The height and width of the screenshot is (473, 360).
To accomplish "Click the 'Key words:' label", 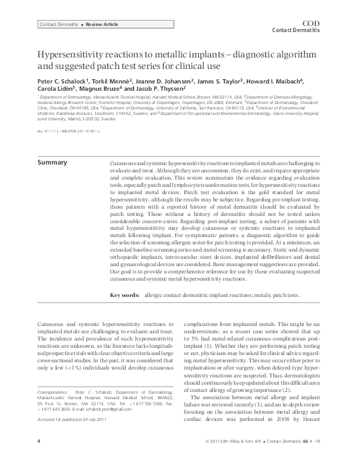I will coord(125,295).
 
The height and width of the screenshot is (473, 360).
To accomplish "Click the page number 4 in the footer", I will coord(39,458).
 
